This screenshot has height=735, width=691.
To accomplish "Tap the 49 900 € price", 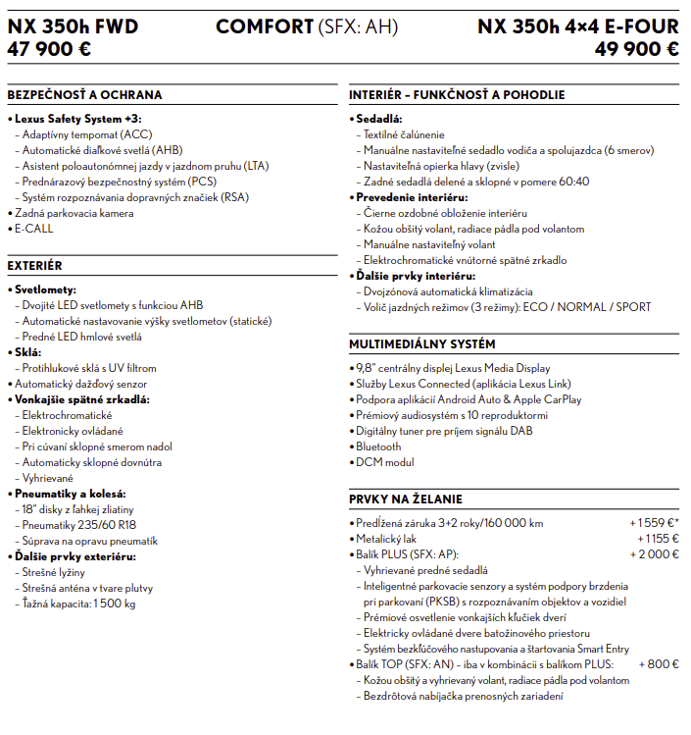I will tap(637, 49).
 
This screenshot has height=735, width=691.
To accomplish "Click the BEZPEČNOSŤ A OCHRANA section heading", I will tap(84, 95).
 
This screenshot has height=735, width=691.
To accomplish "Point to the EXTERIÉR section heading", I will tap(34, 266).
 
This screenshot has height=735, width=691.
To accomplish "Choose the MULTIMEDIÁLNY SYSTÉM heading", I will tap(422, 344).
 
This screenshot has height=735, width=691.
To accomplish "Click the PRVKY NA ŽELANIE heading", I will tap(406, 499).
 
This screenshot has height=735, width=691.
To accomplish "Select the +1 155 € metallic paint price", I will tap(658, 539).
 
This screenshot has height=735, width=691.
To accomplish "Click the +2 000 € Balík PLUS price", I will tap(656, 554).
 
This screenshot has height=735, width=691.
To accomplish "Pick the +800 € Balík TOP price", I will tap(659, 664).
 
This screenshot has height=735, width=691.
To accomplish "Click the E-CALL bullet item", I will tap(33, 229).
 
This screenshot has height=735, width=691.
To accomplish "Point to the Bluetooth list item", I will tap(378, 446).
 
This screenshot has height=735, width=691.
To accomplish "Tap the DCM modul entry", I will tap(384, 462).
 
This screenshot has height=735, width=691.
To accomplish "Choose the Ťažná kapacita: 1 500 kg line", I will tap(78, 604).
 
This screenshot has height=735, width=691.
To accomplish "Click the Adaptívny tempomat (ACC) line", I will tap(86, 134).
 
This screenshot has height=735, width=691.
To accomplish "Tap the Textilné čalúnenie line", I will tap(404, 134).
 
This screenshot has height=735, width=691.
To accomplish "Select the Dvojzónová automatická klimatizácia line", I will tap(448, 291).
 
